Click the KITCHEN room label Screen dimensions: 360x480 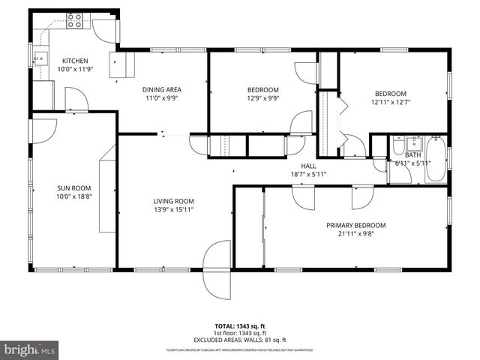click(75, 61)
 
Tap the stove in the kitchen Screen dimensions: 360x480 click(75, 21)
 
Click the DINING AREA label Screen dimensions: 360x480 click(163, 90)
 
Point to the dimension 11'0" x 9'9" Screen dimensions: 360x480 click(163, 98)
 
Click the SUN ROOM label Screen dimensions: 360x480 click(73, 188)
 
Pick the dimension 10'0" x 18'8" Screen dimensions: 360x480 click(73, 196)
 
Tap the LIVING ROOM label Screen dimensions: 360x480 click(174, 200)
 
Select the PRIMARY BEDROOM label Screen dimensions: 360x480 click(355, 225)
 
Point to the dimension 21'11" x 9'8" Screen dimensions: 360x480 click(355, 233)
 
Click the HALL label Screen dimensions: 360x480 click(308, 166)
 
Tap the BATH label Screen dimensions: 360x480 click(413, 154)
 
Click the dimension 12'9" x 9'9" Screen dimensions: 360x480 click(263, 98)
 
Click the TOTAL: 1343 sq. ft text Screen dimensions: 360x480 click(240, 325)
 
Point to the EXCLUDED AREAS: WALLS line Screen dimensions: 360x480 click(240, 340)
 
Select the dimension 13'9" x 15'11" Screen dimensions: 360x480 click(174, 208)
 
